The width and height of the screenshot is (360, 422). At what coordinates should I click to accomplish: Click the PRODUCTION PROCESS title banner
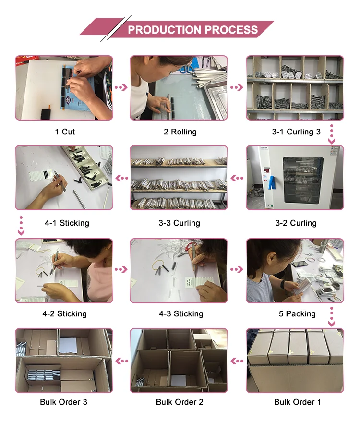[177, 29]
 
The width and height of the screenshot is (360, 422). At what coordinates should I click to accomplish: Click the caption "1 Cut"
[65, 132]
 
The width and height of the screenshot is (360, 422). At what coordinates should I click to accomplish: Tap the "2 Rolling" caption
[180, 132]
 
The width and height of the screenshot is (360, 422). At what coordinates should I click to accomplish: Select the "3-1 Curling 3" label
[296, 132]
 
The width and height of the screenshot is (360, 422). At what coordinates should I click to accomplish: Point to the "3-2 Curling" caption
[296, 223]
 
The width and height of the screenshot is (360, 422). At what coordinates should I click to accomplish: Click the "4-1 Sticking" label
[67, 223]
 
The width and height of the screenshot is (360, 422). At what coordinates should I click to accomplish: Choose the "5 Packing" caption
[297, 313]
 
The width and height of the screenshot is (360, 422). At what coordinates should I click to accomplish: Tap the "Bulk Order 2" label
[180, 402]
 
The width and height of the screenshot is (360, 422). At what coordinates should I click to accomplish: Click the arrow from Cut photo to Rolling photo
[121, 87]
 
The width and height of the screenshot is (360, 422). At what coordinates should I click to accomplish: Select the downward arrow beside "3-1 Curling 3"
[332, 134]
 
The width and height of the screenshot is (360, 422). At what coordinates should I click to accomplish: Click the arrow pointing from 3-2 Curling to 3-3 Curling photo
[237, 178]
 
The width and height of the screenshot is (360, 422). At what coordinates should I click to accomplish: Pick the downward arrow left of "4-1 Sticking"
[21, 226]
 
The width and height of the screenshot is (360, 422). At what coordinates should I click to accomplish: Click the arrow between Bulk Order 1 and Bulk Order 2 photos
[237, 361]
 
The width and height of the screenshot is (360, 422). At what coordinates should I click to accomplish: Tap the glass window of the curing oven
[303, 180]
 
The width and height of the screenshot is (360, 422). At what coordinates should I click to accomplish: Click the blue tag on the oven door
[272, 182]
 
